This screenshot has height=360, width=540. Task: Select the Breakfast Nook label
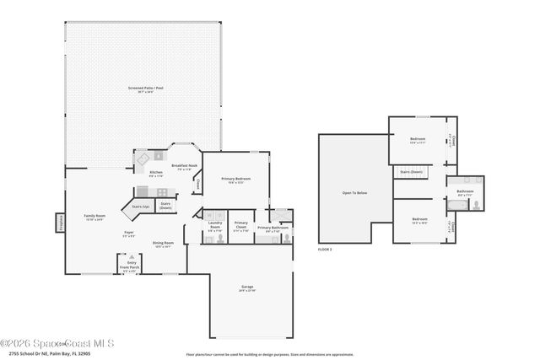(x=184, y=166)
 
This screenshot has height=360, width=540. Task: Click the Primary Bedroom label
(x=237, y=180)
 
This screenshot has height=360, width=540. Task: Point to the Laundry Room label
(x=215, y=227)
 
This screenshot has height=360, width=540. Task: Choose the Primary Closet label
(x=241, y=226)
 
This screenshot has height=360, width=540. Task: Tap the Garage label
(x=247, y=288)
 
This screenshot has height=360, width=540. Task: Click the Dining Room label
(x=163, y=244)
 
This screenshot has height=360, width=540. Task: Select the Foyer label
(x=129, y=234)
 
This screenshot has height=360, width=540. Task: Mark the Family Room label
(x=94, y=218)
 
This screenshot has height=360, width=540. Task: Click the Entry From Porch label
(x=132, y=266)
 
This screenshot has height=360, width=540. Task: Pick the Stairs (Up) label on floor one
(x=141, y=205)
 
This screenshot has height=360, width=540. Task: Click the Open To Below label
(x=354, y=193)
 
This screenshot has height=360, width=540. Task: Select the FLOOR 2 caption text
(x=325, y=250)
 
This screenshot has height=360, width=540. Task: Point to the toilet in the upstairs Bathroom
(x=477, y=204)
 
